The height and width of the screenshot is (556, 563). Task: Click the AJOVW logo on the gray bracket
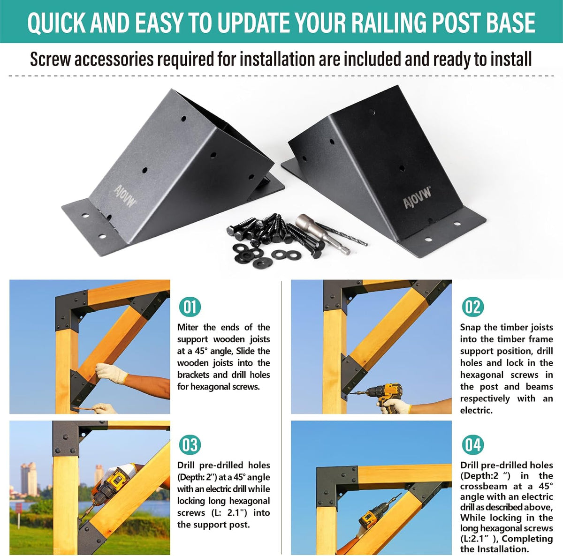pos(125,196)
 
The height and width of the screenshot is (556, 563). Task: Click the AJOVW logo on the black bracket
pos(417,198)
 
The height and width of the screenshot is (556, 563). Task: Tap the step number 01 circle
pos(190,307)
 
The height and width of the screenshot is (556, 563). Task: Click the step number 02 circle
pos(473,307)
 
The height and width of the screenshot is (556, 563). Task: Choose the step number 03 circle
pos(190,445)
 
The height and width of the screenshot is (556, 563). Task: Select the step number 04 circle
pos(473,445)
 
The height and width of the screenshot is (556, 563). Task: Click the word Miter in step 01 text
pos(188,327)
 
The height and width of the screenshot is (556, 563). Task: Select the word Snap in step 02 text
pos(470,328)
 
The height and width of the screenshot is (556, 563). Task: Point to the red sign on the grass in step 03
pos(18,509)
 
